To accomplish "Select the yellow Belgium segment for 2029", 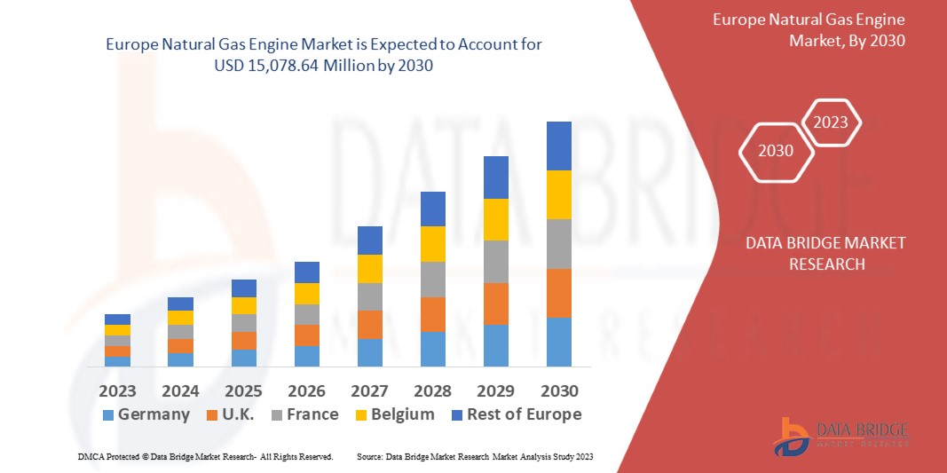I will pyautogui.click(x=496, y=219).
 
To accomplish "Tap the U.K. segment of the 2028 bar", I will pyautogui.click(x=432, y=314).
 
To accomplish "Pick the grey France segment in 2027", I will pyautogui.click(x=370, y=296).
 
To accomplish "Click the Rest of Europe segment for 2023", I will pyautogui.click(x=117, y=319).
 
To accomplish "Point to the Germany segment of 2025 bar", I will pyautogui.click(x=244, y=358).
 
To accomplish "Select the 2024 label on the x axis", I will pyautogui.click(x=180, y=390).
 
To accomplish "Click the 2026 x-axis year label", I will pyautogui.click(x=306, y=390).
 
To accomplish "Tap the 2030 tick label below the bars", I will pyautogui.click(x=559, y=390).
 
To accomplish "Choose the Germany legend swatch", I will pyautogui.click(x=108, y=414).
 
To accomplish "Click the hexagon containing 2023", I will pyautogui.click(x=831, y=122).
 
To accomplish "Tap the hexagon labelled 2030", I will pyautogui.click(x=776, y=151).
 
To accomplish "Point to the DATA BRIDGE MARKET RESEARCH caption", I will pyautogui.click(x=825, y=253).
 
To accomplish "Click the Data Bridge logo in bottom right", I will pyautogui.click(x=840, y=436).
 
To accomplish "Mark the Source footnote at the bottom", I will pyautogui.click(x=474, y=456).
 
